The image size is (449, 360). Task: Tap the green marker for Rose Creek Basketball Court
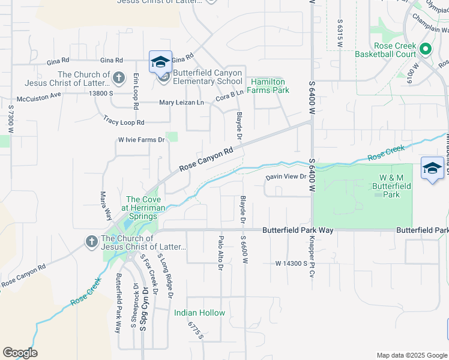tap(426, 49)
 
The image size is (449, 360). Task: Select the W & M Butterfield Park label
tap(394, 186)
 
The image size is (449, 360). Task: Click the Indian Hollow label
tap(199, 313)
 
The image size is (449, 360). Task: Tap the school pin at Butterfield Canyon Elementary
tap(161, 62)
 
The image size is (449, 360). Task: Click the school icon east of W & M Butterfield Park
tap(432, 169)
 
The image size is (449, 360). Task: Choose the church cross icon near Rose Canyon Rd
tap(91, 242)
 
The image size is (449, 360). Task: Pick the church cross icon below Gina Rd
tap(119, 77)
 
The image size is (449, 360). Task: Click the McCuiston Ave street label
tap(39, 94)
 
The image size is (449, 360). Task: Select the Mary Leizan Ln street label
tap(181, 103)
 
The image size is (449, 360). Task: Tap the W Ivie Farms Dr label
tap(141, 140)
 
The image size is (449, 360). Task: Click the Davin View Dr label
tap(286, 177)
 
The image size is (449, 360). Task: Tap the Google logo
tap(20, 353)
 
